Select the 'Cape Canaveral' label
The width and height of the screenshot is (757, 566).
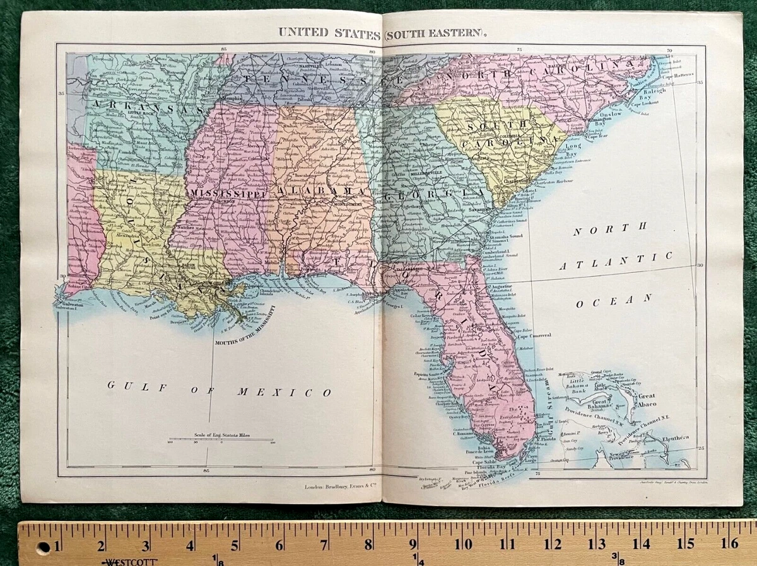534,335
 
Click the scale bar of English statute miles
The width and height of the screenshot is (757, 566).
221,440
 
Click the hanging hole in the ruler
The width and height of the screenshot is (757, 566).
43,546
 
